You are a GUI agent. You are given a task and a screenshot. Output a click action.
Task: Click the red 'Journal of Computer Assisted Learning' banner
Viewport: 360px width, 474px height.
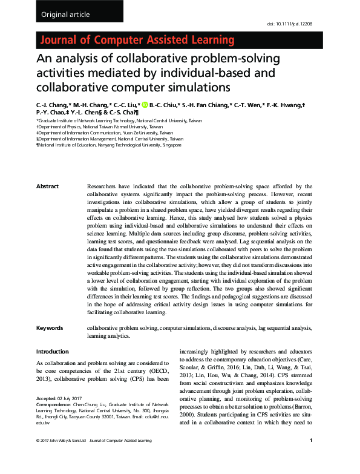pos(136,41)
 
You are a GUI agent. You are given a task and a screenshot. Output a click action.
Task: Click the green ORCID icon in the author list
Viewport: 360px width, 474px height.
pos(144,105)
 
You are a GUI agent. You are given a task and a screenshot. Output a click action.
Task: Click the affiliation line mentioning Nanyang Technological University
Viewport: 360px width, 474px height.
pos(108,145)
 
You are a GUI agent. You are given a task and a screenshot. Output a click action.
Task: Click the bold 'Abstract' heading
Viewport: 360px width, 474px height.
pos(48,186)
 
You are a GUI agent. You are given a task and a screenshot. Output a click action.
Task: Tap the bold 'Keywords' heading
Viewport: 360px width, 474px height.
pos(50,328)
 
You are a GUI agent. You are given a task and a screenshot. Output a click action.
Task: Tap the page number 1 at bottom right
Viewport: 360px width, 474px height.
pos(310,458)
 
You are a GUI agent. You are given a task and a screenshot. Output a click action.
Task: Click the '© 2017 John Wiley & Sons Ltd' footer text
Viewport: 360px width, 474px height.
pos(61,458)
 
